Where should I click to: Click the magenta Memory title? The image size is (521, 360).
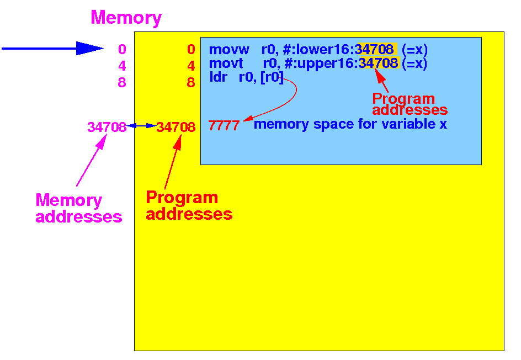pyautogui.click(x=126, y=18)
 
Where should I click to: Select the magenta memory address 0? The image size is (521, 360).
pyautogui.click(x=123, y=49)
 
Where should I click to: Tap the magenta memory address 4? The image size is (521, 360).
pyautogui.click(x=123, y=66)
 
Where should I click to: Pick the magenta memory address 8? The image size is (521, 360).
pyautogui.click(x=123, y=82)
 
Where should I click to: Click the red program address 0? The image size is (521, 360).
pyautogui.click(x=191, y=49)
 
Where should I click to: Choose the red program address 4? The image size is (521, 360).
pyautogui.click(x=191, y=66)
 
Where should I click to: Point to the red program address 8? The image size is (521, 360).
pyautogui.click(x=191, y=82)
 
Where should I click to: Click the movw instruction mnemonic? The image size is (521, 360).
pyautogui.click(x=229, y=50)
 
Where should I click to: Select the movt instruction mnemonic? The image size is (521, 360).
pyautogui.click(x=226, y=63)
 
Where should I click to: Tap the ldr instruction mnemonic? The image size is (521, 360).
pyautogui.click(x=218, y=77)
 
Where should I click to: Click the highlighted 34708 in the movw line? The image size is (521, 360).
pyautogui.click(x=374, y=49)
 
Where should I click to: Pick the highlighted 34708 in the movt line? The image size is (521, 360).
pyautogui.click(x=378, y=63)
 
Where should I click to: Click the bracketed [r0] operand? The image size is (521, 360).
pyautogui.click(x=272, y=77)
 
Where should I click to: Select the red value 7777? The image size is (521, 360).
pyautogui.click(x=224, y=126)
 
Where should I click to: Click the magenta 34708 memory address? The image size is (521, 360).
pyautogui.click(x=107, y=127)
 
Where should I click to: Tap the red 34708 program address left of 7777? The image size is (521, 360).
pyautogui.click(x=176, y=127)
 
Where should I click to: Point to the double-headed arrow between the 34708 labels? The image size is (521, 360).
pyautogui.click(x=141, y=126)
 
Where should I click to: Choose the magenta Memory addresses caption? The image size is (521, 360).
pyautogui.click(x=79, y=208)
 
